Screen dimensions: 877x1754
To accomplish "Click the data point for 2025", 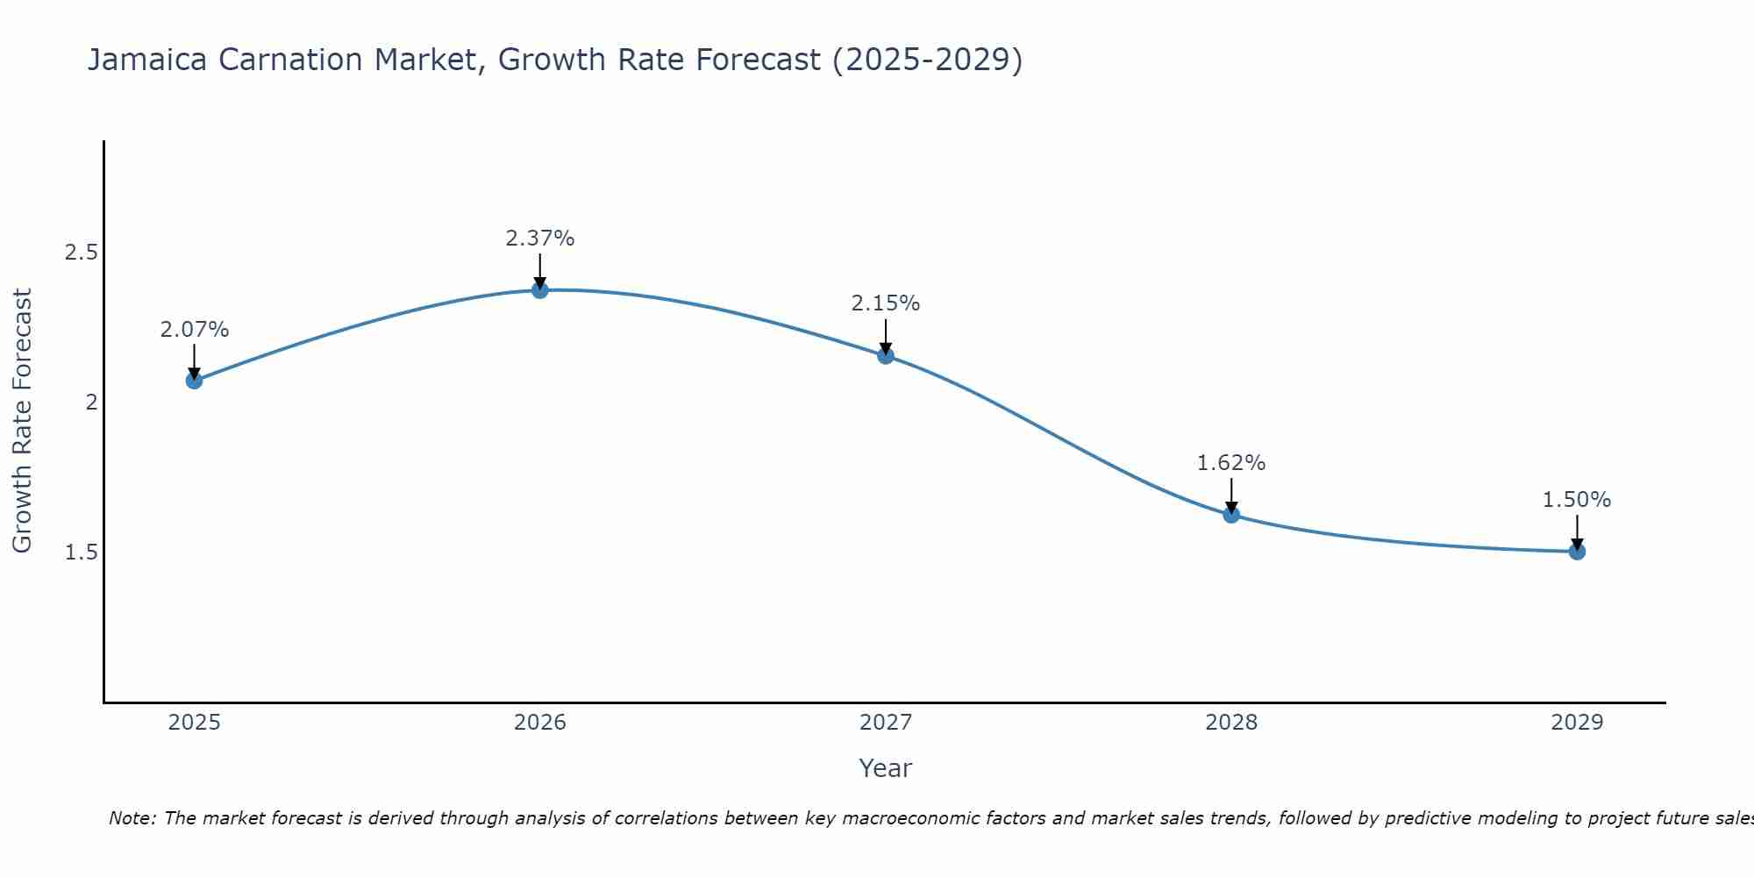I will pos(194,381).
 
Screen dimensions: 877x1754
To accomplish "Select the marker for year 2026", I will pos(540,289).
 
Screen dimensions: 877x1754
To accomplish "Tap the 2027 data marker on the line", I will pos(886,355).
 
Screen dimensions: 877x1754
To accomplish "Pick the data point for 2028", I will pos(1231,515).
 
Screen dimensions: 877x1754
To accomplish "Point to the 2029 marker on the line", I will pos(1577,552).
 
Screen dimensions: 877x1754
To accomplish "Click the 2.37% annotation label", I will pos(540,239).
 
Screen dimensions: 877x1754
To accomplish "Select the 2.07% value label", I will pos(194,330).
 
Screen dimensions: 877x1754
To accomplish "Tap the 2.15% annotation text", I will pos(886,303).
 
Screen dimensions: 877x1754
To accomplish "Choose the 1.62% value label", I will pos(1231,463).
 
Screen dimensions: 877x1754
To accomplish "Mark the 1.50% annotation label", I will pos(1577,500).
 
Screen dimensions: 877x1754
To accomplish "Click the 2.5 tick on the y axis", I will pos(81,253).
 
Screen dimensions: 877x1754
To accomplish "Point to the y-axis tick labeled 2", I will pos(90,403).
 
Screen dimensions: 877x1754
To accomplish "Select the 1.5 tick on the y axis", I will pos(81,553).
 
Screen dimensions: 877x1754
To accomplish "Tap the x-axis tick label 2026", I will pos(540,723).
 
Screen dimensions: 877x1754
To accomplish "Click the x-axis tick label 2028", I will pos(1231,723).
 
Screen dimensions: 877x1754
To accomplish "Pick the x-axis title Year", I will pos(886,768).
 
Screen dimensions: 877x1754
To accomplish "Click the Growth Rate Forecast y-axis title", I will pos(23,421).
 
